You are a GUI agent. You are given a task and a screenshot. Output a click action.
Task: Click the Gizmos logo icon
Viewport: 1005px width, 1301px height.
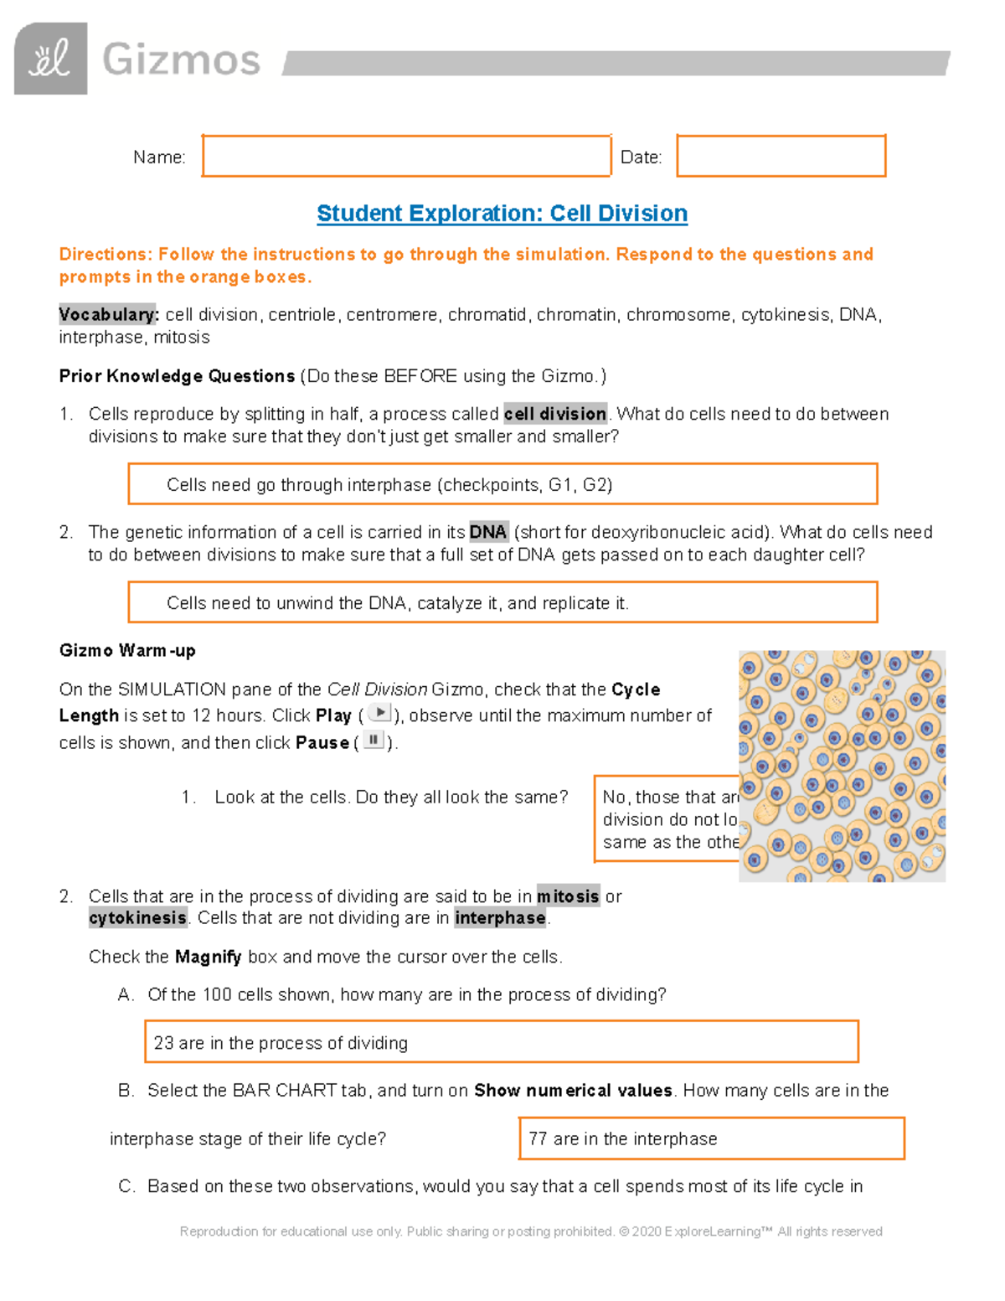pos(50,59)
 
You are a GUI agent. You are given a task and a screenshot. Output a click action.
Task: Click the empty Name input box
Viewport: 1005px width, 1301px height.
pos(406,156)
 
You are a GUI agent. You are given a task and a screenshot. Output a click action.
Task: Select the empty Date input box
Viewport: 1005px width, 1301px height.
pos(781,156)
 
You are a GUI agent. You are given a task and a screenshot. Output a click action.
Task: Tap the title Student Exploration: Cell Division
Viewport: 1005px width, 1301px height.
pos(502,214)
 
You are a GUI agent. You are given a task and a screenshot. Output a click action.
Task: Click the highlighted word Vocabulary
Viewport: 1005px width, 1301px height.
pos(107,315)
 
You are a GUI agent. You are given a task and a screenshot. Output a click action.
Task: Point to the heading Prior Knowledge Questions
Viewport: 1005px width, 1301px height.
pos(177,376)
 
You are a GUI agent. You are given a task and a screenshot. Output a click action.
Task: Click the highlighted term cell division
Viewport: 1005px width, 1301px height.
pos(555,414)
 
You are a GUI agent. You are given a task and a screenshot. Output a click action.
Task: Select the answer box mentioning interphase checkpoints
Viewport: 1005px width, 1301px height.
pos(502,484)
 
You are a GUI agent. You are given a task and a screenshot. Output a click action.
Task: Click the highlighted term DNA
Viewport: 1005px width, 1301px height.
pos(487,532)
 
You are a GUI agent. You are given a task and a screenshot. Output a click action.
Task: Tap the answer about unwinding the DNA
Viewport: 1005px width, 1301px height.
pos(502,602)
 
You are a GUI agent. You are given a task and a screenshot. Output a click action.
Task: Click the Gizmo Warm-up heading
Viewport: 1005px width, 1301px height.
pos(127,651)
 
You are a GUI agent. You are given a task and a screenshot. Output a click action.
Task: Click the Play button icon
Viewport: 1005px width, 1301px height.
pos(379,714)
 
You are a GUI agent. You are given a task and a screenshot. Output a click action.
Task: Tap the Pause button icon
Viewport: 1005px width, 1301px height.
pos(374,741)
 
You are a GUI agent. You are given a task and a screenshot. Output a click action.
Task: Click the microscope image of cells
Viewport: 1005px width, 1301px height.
pos(842,766)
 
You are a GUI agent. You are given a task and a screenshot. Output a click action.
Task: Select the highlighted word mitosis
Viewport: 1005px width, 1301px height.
pos(568,896)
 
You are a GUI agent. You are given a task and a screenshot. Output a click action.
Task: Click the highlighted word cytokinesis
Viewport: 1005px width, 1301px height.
pos(137,918)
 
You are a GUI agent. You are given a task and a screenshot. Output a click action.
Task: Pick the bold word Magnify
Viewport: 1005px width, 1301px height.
pos(208,957)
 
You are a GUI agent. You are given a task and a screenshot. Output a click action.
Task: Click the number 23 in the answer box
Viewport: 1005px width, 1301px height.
pos(163,1043)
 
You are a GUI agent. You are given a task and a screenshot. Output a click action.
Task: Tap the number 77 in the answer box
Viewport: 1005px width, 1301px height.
pos(538,1138)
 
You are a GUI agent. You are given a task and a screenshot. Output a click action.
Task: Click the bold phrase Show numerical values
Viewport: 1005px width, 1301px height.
pos(573,1091)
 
